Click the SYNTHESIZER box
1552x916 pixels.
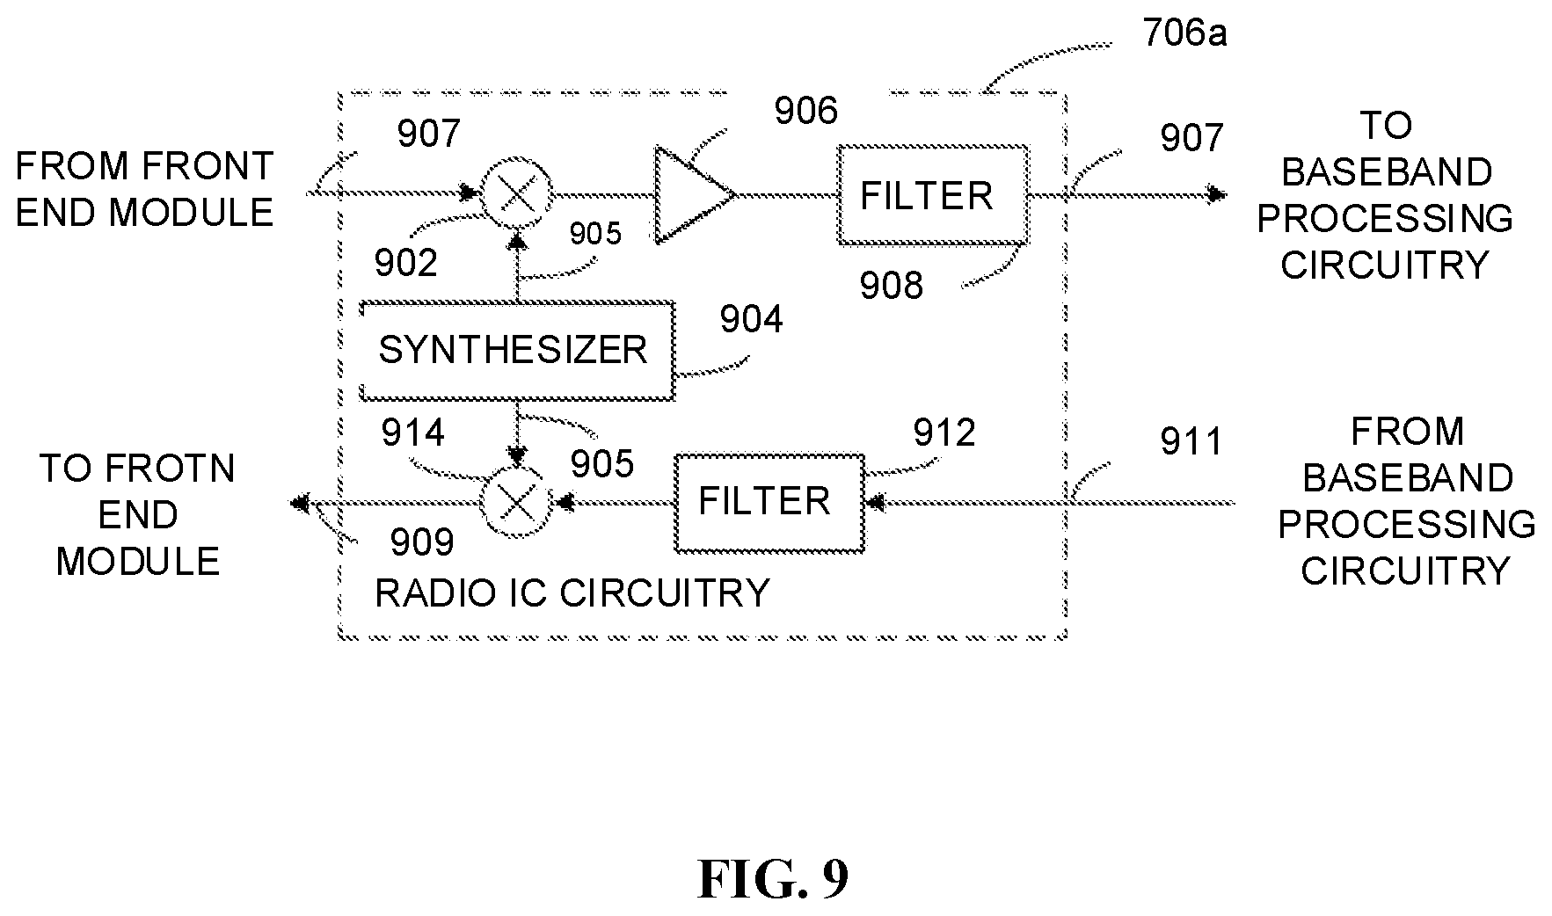click(517, 351)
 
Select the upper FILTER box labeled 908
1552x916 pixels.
click(933, 194)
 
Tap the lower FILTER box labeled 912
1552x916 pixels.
click(769, 503)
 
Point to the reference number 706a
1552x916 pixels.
click(1184, 34)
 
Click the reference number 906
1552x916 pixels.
click(805, 112)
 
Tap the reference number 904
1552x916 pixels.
click(751, 320)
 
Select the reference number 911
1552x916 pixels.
click(1191, 442)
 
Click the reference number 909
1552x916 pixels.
click(422, 542)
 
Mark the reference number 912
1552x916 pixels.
click(944, 433)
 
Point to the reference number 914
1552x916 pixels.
click(412, 433)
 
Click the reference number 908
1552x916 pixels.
click(892, 287)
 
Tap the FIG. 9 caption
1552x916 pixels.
click(773, 878)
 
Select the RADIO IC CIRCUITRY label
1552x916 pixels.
click(572, 593)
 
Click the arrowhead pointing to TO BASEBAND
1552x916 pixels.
click(1217, 194)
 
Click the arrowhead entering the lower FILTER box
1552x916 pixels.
click(876, 503)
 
